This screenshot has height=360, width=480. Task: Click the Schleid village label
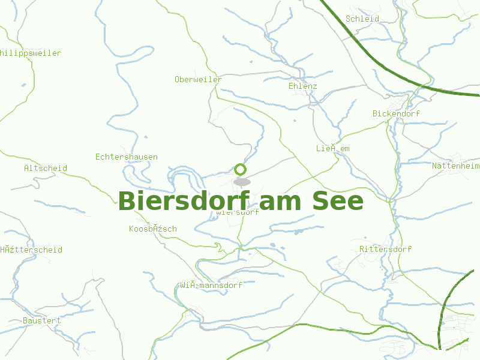[362, 19]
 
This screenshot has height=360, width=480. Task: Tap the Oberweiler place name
[198, 79]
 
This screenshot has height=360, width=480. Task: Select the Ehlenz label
[302, 86]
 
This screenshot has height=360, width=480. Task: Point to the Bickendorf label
[396, 113]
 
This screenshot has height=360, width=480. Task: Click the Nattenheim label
[456, 165]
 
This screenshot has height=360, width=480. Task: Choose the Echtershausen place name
[127, 157]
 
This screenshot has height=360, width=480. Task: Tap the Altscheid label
[46, 168]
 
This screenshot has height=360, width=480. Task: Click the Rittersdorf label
[385, 249]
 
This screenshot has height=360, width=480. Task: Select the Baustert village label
[42, 320]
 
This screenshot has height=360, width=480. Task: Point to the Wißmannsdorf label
[211, 285]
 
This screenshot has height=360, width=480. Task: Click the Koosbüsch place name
[153, 229]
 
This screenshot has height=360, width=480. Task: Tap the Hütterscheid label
[31, 250]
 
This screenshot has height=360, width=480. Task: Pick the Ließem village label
[332, 148]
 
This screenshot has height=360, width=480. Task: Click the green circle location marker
[241, 169]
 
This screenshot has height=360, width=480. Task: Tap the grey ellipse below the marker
[241, 181]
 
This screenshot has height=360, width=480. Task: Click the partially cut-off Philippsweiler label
[31, 53]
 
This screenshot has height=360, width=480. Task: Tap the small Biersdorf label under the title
[238, 212]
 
